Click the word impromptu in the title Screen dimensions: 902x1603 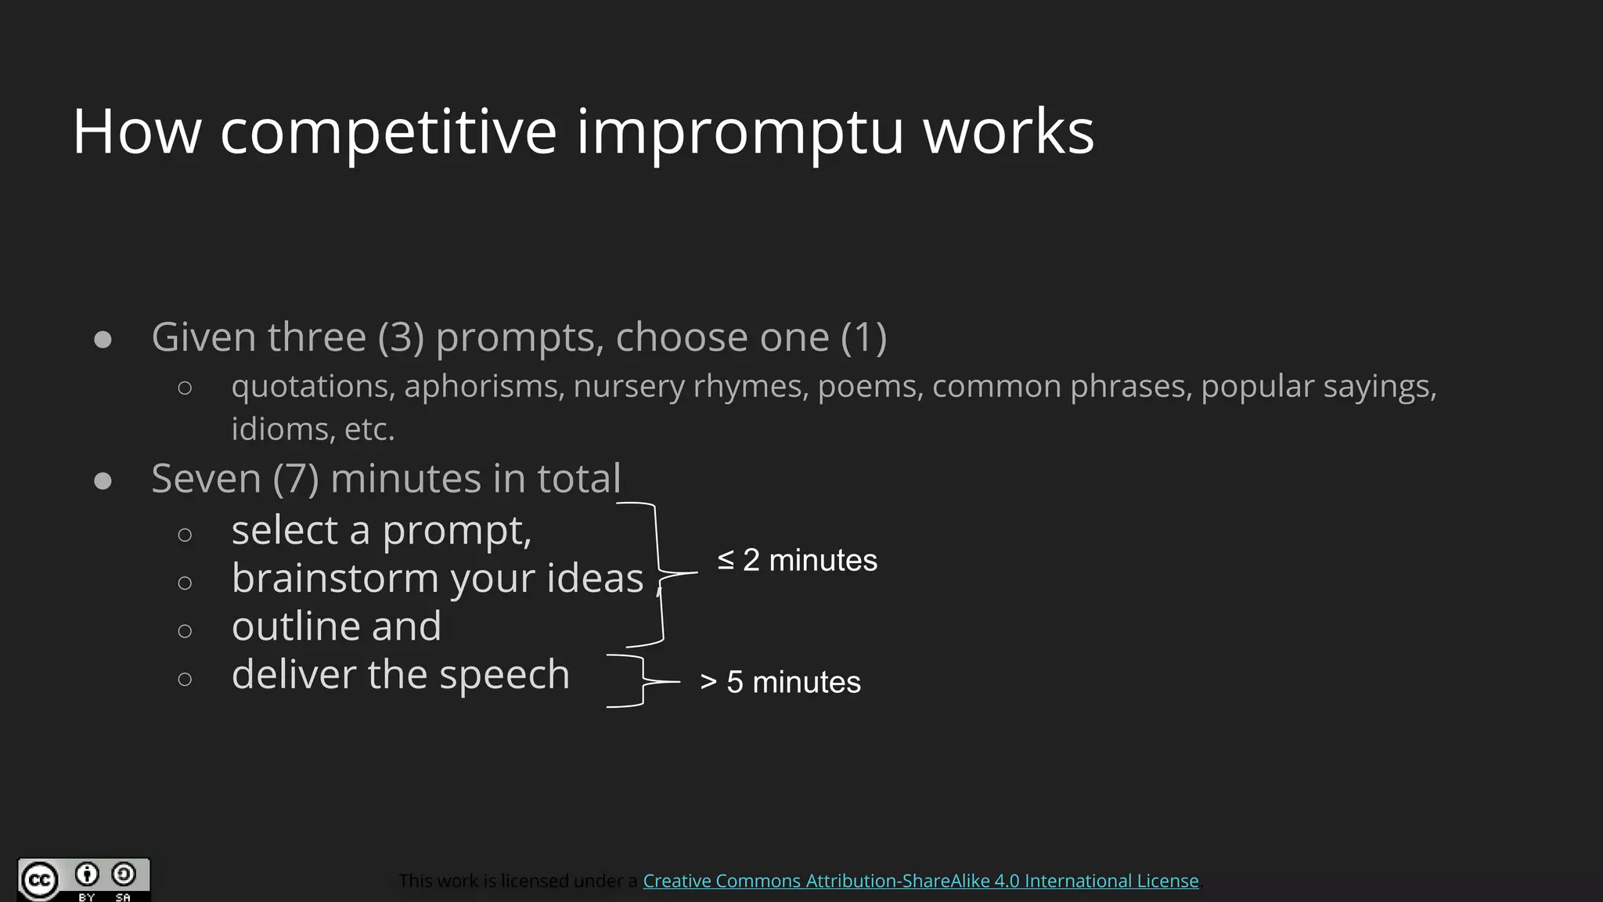[x=740, y=132]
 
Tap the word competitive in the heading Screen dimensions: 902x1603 [x=388, y=132]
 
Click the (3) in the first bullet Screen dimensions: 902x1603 [x=401, y=337]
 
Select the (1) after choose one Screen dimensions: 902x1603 [x=864, y=337]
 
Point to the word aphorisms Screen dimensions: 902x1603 [x=484, y=386]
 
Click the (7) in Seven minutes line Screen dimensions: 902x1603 [x=296, y=478]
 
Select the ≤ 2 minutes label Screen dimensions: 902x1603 [x=797, y=561]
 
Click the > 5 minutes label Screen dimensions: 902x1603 [x=780, y=682]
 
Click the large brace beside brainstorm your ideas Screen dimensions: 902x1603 [x=660, y=574]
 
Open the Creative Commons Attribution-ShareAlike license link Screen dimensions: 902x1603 [x=920, y=881]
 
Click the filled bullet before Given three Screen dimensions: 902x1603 [x=103, y=339]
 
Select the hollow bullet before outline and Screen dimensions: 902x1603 [x=185, y=631]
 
